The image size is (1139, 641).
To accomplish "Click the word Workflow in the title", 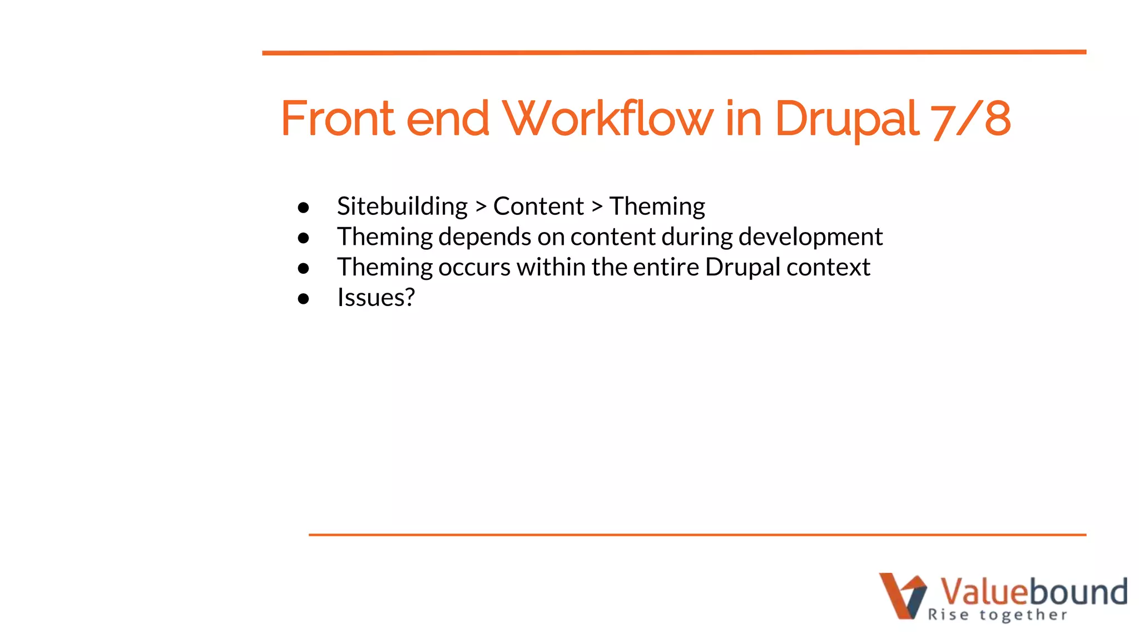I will pyautogui.click(x=607, y=119).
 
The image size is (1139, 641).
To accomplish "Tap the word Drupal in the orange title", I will pyautogui.click(x=846, y=119).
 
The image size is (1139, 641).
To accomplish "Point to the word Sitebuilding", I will pyautogui.click(x=402, y=206).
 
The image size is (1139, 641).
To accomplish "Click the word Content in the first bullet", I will pyautogui.click(x=538, y=206).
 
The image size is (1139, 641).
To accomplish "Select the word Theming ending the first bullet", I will pyautogui.click(x=657, y=206).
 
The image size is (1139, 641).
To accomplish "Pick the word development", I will pyautogui.click(x=810, y=237).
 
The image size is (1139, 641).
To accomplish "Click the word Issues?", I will pyautogui.click(x=376, y=298).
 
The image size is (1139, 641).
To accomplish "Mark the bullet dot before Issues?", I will pyautogui.click(x=303, y=299).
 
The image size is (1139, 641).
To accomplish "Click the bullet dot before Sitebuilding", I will pyautogui.click(x=303, y=208).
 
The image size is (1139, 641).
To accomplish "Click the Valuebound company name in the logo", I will pyautogui.click(x=1033, y=591).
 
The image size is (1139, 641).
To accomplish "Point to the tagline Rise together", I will pyautogui.click(x=997, y=615).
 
